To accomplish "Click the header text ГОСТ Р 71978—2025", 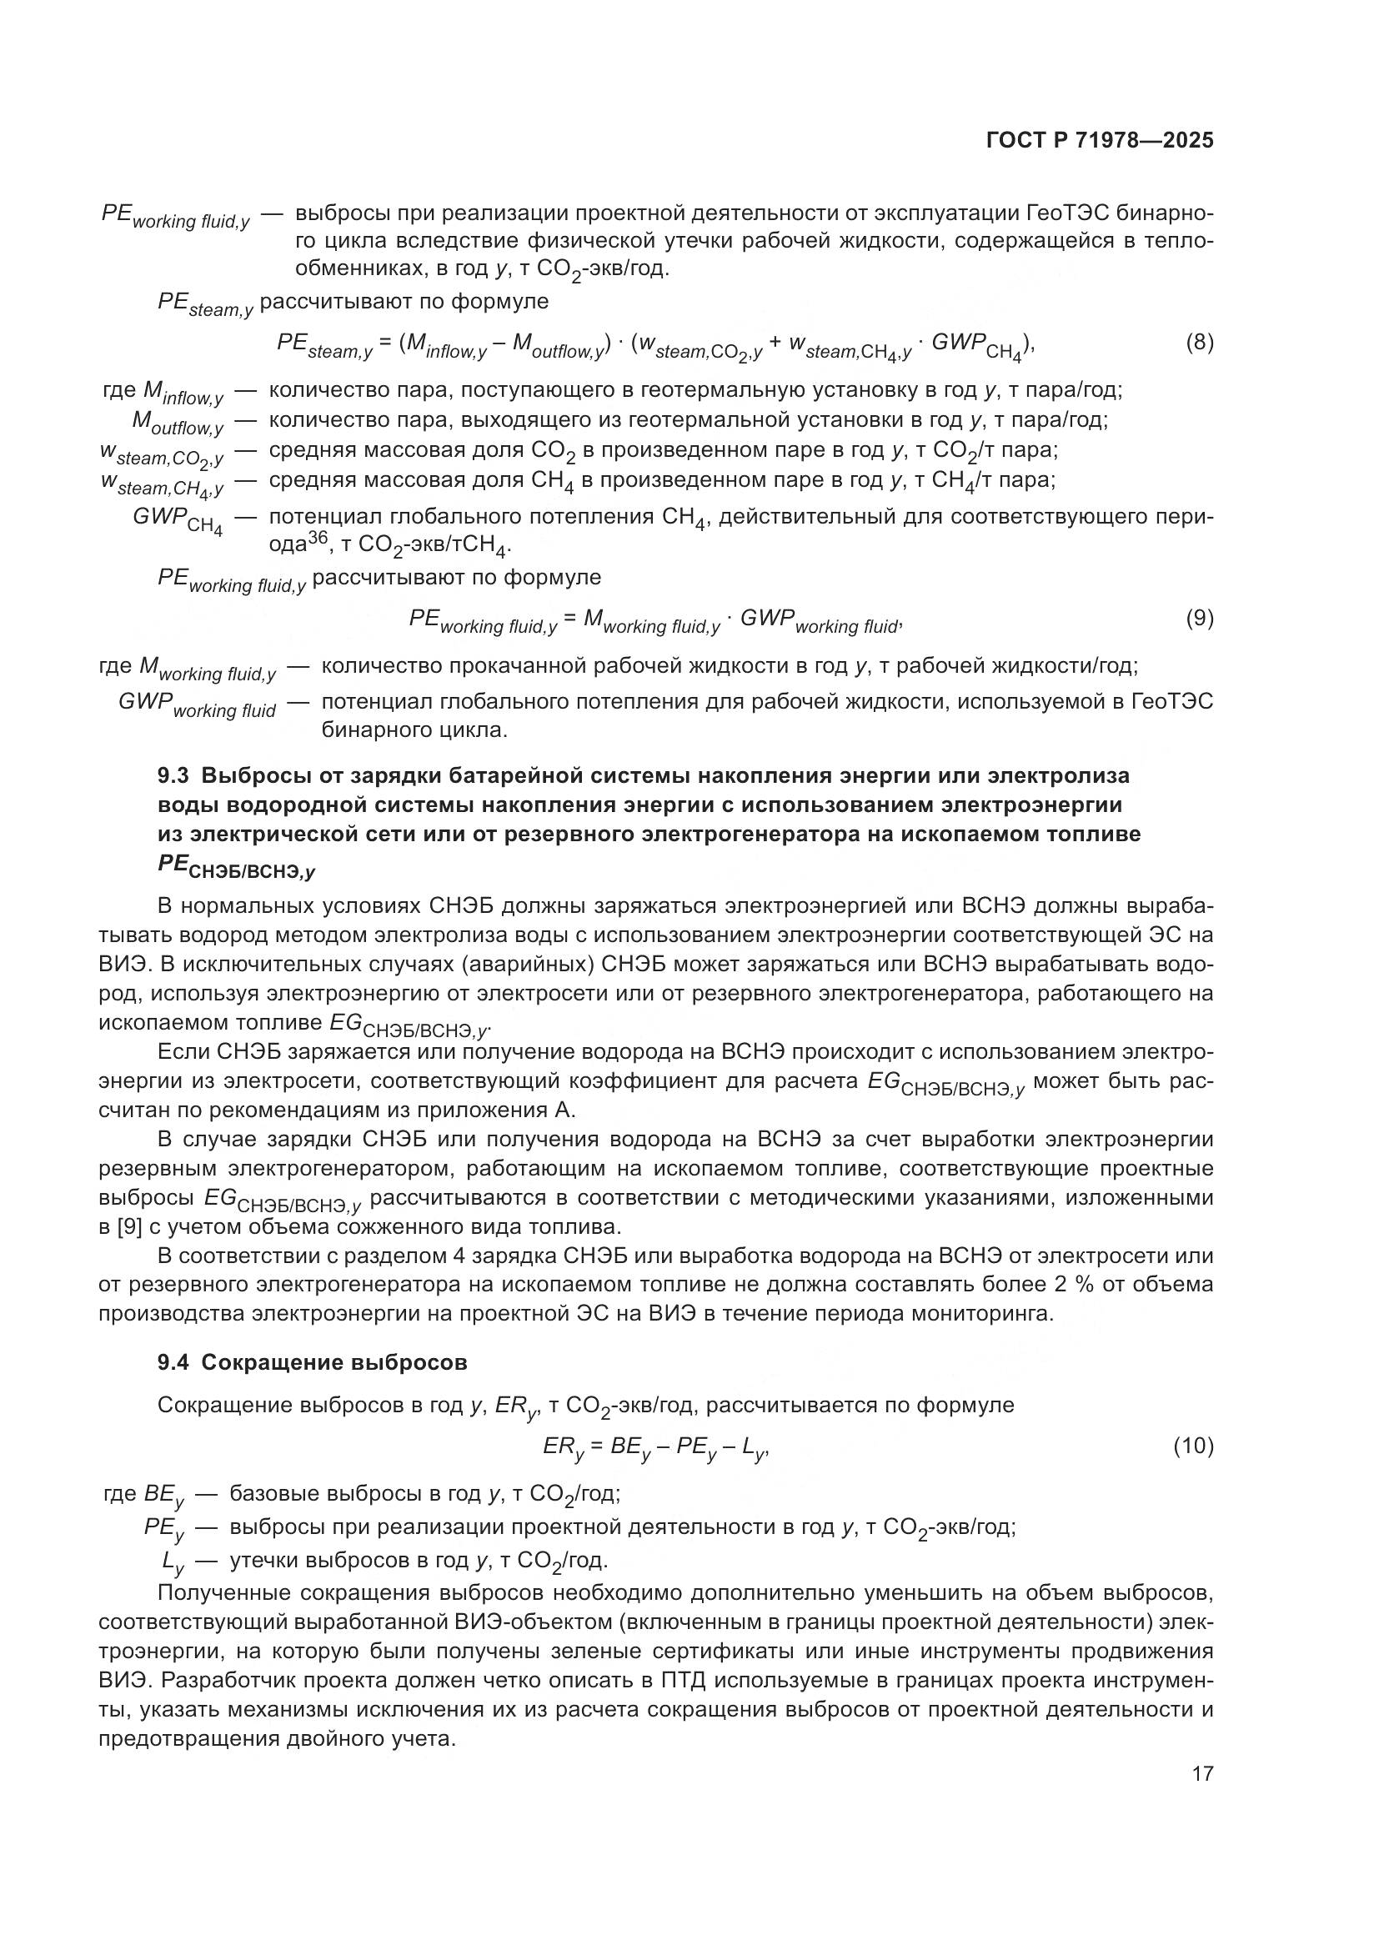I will (1100, 140).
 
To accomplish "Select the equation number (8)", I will (1199, 343).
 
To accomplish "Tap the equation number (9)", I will (1199, 619).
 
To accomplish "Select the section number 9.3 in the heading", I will (174, 775).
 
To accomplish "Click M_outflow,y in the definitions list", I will (177, 423).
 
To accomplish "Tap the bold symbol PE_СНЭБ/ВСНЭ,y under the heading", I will (236, 867).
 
